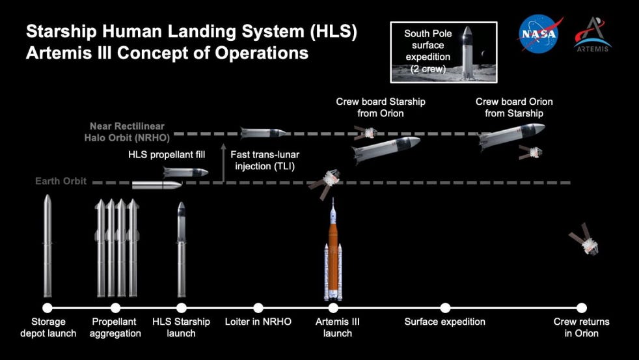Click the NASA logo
click(539, 34)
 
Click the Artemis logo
click(592, 34)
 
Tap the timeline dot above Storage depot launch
click(48, 308)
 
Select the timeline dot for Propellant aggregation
click(116, 308)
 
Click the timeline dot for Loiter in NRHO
click(258, 308)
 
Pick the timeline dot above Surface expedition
click(445, 308)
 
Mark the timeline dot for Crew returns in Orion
click(582, 308)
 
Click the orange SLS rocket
click(333, 254)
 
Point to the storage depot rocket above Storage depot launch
click(48, 247)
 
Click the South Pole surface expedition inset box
click(443, 51)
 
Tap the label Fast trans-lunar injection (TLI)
click(265, 159)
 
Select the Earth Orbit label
click(61, 182)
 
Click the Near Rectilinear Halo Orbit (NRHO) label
click(127, 132)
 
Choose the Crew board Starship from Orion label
click(381, 107)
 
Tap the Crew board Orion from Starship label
click(514, 107)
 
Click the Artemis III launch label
click(337, 327)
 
